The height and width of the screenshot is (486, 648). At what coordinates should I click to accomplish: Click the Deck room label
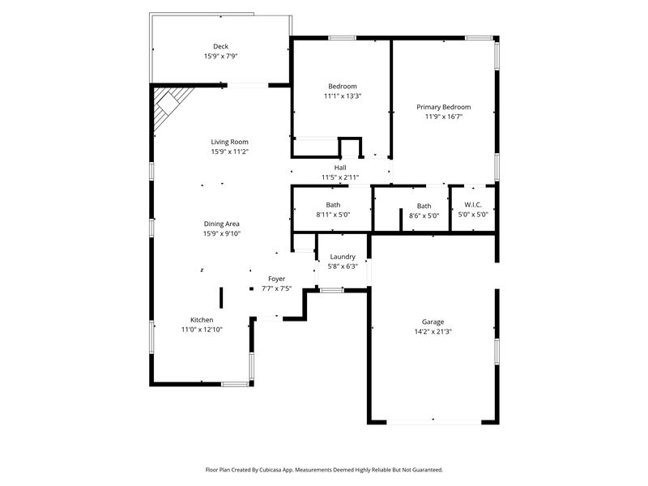pyautogui.click(x=220, y=46)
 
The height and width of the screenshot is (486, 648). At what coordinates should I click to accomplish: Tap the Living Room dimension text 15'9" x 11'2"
pyautogui.click(x=229, y=151)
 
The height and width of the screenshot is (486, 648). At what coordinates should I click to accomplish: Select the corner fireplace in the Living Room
pyautogui.click(x=172, y=105)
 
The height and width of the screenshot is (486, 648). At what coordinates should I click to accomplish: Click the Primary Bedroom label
pyautogui.click(x=443, y=107)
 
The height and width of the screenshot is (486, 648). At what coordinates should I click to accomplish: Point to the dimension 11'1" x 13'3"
pyautogui.click(x=342, y=96)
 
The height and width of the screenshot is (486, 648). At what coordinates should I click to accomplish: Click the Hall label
pyautogui.click(x=340, y=168)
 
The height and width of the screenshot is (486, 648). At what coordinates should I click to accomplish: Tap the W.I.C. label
pyautogui.click(x=473, y=204)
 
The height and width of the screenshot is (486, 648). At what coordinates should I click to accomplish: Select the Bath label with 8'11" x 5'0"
pyautogui.click(x=333, y=205)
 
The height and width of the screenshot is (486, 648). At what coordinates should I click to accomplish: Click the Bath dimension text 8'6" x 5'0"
pyautogui.click(x=424, y=215)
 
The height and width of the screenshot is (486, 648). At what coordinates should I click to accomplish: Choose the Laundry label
pyautogui.click(x=343, y=257)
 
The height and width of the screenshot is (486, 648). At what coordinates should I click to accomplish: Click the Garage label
pyautogui.click(x=433, y=322)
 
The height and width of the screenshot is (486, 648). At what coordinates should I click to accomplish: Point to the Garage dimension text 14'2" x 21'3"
pyautogui.click(x=433, y=331)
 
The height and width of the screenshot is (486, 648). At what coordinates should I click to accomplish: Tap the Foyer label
pyautogui.click(x=276, y=279)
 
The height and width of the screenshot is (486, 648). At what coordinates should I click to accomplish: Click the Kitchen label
pyautogui.click(x=202, y=320)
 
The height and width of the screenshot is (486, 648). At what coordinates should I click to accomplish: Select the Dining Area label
pyautogui.click(x=221, y=224)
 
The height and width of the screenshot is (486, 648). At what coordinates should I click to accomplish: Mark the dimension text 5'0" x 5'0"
pyautogui.click(x=473, y=215)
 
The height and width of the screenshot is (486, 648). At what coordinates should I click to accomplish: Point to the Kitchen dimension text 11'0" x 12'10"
pyautogui.click(x=202, y=330)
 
